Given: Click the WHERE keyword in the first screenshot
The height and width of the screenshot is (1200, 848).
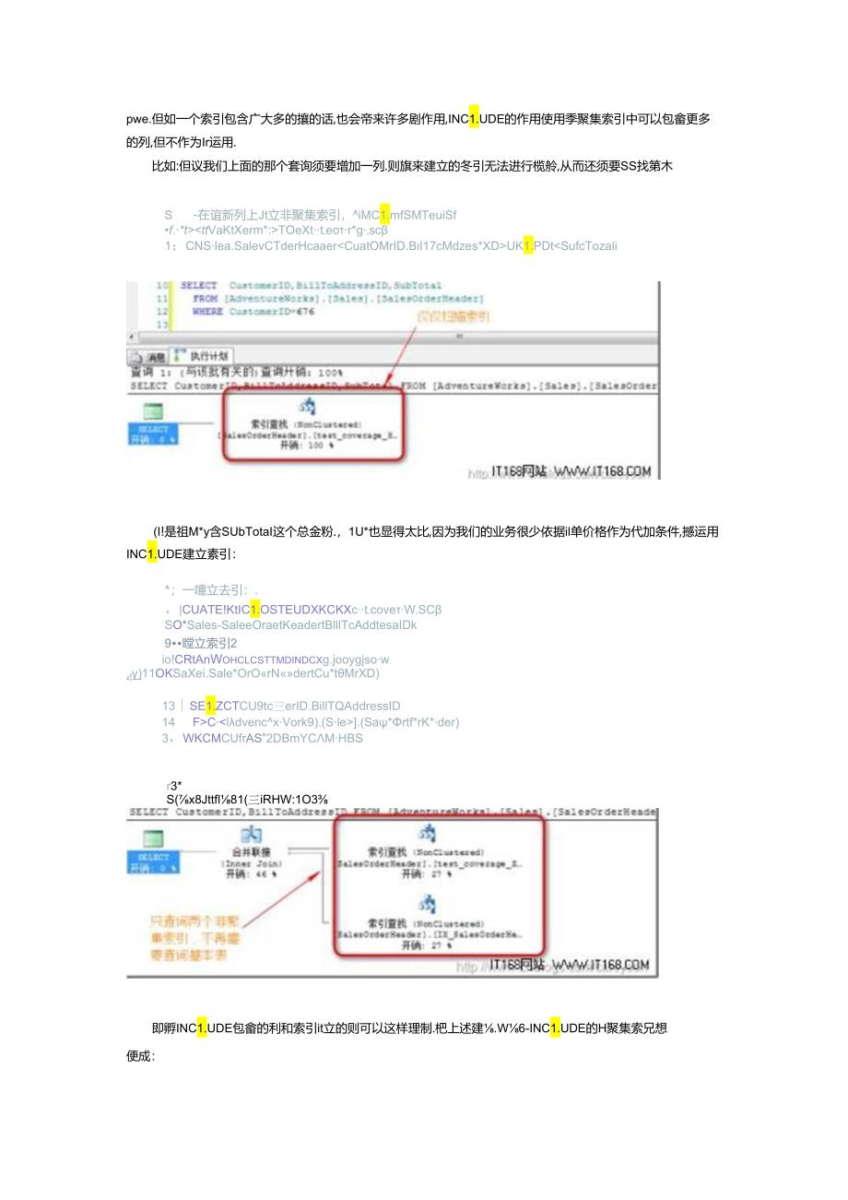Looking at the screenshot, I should click(x=207, y=312).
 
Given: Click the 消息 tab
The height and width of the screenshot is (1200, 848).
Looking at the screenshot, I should click(x=150, y=356).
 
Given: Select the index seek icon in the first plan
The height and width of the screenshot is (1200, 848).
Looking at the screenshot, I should click(x=309, y=407).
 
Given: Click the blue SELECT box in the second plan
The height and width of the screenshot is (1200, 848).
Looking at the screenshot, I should click(x=153, y=861).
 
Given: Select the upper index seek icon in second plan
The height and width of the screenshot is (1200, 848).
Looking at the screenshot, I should click(x=427, y=834).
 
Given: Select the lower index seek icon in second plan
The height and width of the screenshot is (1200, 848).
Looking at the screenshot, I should click(x=427, y=903).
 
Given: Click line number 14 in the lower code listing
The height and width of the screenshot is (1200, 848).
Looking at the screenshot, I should click(x=169, y=722).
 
